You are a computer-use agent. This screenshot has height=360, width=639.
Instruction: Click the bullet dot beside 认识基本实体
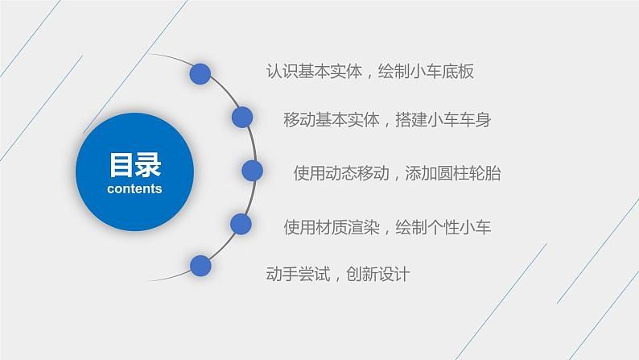[x=200, y=74]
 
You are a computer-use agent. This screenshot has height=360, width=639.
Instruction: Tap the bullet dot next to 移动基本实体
[x=242, y=117]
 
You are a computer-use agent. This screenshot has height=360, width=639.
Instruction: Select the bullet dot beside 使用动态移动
[x=252, y=171]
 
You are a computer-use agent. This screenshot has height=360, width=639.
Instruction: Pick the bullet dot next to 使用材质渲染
[x=241, y=224]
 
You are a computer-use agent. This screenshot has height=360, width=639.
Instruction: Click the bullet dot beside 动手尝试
[x=200, y=266]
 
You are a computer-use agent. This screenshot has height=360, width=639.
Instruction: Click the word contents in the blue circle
[x=134, y=188]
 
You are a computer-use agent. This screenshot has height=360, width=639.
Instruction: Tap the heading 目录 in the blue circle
[x=135, y=165]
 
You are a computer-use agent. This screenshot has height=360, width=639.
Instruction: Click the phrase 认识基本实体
[x=314, y=72]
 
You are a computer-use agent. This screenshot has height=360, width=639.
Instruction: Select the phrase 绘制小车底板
[x=426, y=72]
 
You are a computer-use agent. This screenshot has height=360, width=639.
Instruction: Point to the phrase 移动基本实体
[x=332, y=120]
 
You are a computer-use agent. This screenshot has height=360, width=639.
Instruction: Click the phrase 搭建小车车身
[x=443, y=120]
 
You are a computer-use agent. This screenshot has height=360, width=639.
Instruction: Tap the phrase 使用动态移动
[x=341, y=173]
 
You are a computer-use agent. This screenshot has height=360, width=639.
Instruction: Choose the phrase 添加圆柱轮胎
[x=453, y=173]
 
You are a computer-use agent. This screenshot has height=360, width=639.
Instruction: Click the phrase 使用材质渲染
[x=332, y=227]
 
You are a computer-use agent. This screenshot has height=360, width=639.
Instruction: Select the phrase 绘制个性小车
[x=443, y=227]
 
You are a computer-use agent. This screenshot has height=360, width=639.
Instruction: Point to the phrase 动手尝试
[x=298, y=274]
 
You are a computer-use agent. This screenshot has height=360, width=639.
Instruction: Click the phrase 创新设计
[x=378, y=274]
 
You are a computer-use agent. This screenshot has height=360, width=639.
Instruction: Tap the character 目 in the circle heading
[x=121, y=165]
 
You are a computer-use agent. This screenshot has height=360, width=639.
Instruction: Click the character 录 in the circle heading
[x=148, y=165]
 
